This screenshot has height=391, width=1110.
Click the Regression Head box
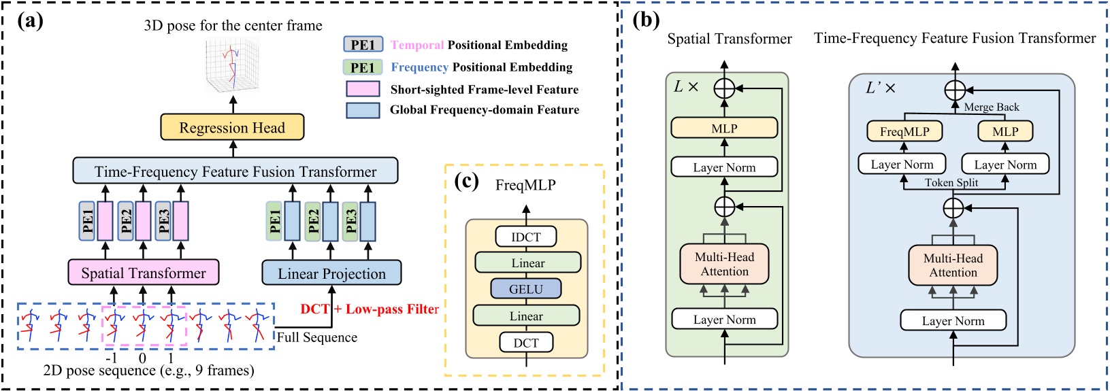[x=232, y=128]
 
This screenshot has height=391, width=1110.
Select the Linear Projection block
[x=331, y=273]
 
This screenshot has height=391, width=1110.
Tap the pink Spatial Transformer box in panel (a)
[x=144, y=273]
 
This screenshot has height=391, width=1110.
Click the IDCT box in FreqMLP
[x=525, y=237]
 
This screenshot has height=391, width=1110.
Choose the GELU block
[x=525, y=289]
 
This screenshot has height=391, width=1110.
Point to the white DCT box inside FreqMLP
[x=525, y=343]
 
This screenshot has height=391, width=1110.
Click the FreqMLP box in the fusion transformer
[x=904, y=131]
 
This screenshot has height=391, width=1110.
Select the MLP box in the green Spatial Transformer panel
[x=724, y=128]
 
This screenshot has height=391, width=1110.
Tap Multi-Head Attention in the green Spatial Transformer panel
[x=724, y=265]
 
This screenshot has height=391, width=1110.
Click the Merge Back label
[x=991, y=107]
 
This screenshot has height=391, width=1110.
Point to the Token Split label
[x=951, y=182]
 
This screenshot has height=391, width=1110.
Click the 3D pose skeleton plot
[x=233, y=65]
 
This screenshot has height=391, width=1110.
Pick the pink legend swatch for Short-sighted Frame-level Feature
[x=363, y=89]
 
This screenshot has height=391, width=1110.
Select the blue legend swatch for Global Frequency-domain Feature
[x=363, y=110]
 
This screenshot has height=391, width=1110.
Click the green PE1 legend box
[x=363, y=67]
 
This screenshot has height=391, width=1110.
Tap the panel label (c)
[x=466, y=182]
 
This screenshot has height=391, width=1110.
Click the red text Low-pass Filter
[x=392, y=309]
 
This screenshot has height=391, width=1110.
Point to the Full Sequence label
[x=316, y=337]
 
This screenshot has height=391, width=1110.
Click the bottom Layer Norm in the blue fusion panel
[x=953, y=321]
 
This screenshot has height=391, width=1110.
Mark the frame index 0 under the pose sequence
[x=142, y=358]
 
